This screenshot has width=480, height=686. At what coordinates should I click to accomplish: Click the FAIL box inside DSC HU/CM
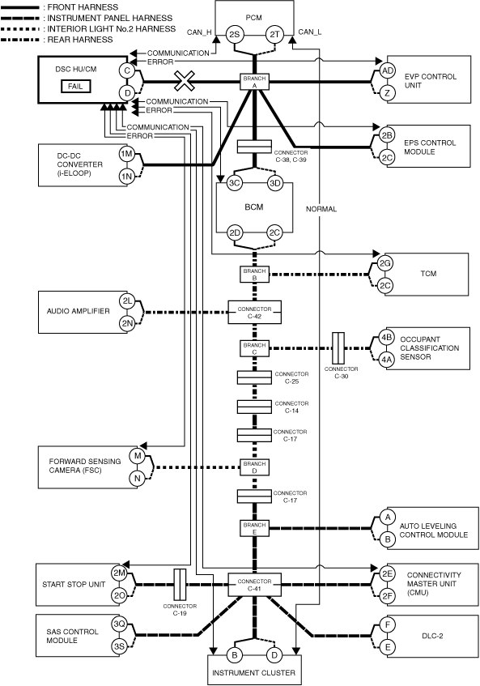tap(75, 86)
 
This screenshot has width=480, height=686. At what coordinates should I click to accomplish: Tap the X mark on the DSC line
tap(185, 81)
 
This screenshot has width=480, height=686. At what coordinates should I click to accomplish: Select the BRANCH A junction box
tap(254, 82)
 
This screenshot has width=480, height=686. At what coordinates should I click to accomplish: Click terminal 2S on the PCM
tap(235, 35)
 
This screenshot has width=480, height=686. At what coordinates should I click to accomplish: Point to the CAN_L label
tap(310, 32)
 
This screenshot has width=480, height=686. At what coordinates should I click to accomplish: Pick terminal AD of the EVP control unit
tap(388, 71)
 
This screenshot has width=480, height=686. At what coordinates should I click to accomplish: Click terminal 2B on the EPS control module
tap(387, 135)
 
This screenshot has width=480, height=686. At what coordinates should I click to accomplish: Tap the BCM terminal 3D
tap(275, 183)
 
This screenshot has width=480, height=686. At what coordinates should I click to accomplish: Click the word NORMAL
tap(321, 209)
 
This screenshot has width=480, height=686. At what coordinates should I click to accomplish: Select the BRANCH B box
tap(254, 275)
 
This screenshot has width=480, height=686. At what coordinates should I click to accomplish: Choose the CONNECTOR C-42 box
tap(254, 313)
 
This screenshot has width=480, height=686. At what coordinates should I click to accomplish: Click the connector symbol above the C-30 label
tap(338, 348)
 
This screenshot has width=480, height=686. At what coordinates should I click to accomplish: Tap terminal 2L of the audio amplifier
tap(127, 301)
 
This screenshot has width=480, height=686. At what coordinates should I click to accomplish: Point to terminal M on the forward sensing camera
tap(138, 456)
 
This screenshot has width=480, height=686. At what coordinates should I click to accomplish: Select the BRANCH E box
tap(254, 528)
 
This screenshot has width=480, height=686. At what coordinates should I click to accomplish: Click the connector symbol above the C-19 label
tap(180, 585)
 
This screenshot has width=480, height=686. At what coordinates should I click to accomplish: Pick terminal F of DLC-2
tap(388, 624)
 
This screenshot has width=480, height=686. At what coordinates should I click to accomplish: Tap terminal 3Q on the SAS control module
tap(119, 624)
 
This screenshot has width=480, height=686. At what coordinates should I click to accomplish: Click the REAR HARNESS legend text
tap(80, 40)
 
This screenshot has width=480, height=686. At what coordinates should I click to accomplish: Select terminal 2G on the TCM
tap(385, 263)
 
